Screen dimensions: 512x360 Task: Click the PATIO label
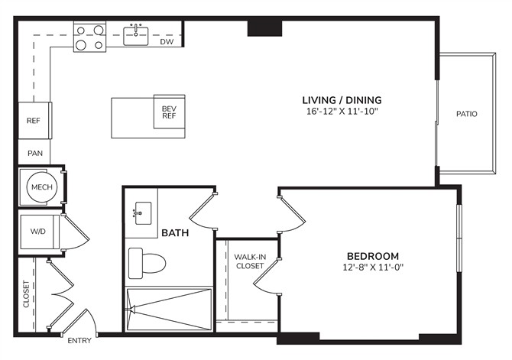[x=467, y=114]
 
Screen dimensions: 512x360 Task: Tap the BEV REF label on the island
[x=169, y=112]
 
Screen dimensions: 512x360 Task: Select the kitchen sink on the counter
[x=135, y=36]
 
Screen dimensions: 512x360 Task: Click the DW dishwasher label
[x=167, y=41]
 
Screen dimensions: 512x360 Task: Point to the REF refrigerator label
[x=34, y=121]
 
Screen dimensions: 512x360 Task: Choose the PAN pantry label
[x=35, y=153]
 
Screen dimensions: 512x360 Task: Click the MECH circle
[x=42, y=187]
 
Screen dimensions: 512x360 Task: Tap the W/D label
[x=38, y=232]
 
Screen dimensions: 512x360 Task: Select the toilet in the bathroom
[x=147, y=263]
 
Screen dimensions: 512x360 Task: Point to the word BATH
[x=175, y=232]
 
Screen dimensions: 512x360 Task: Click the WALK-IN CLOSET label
[x=250, y=261]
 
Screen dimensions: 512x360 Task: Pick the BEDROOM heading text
[x=373, y=256]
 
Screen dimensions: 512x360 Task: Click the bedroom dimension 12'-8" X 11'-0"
[x=373, y=268]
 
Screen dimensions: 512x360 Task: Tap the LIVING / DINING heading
[x=342, y=100]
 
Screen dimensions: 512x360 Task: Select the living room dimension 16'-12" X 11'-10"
[x=342, y=112]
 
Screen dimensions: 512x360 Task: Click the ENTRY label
[x=79, y=340]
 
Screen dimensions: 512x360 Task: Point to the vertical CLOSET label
[x=26, y=294]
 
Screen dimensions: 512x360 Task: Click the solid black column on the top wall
[x=264, y=28]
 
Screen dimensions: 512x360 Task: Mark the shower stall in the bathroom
[x=169, y=309]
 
